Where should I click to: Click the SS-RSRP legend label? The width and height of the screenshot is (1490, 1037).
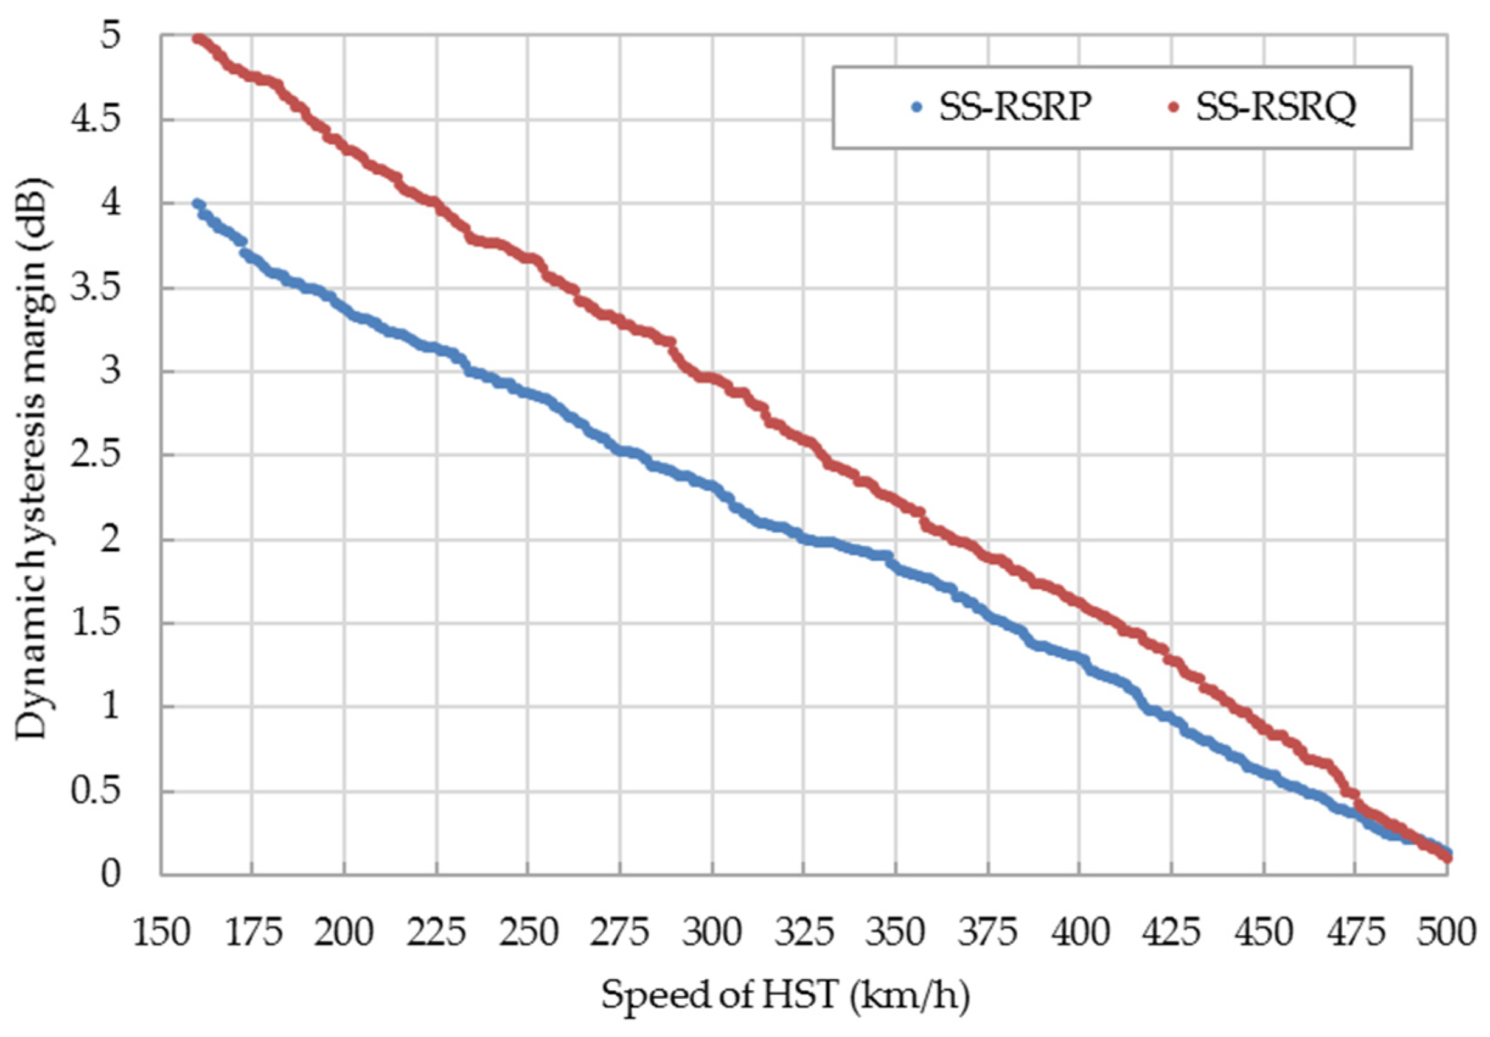coord(1014,108)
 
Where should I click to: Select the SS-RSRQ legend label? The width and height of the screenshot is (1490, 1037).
coord(1275,108)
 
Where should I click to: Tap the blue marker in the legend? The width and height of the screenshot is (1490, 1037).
coord(917,108)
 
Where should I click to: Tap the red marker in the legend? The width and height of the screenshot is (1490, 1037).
coord(1172,108)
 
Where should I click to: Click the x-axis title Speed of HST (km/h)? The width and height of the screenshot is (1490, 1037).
coord(785,996)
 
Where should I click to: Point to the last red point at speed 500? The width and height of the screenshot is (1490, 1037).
coord(1447,859)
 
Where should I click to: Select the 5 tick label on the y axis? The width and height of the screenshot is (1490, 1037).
coord(110,36)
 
